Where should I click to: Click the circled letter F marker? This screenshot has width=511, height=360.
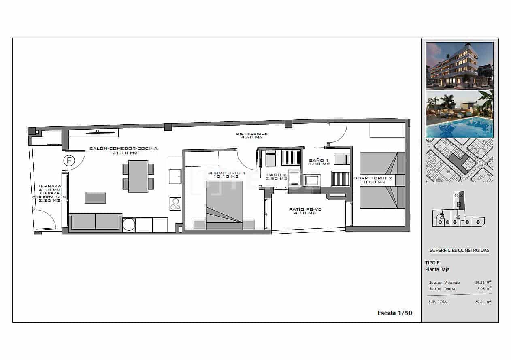coord(69,160)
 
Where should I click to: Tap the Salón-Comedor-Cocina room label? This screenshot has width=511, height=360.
coord(123,151)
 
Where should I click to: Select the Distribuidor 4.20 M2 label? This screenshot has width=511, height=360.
coord(252,136)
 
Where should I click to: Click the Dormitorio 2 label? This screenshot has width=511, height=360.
coord(373,180)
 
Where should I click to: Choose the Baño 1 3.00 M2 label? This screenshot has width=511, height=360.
coord(319,162)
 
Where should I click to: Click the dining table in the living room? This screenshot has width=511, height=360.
coord(138,176)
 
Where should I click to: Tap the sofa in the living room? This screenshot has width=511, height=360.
coord(96,222)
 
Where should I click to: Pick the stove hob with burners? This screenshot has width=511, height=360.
coord(175,203)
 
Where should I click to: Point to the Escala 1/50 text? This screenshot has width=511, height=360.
coord(395,313)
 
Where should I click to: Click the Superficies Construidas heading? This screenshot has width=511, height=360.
coord(459,251)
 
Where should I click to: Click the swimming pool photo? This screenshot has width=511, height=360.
coord(459,114)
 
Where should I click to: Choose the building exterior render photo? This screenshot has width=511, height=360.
coord(459,65)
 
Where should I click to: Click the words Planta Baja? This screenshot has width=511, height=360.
coord(437,269)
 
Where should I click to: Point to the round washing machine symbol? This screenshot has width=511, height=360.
coord(128,224)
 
